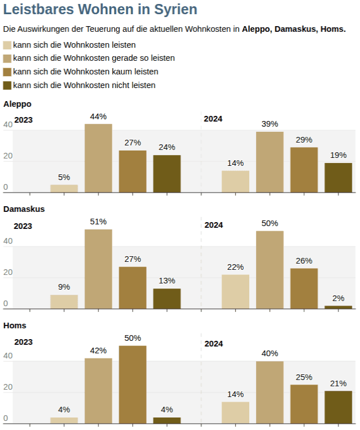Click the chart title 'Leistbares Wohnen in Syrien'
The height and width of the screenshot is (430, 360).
pyautogui.click(x=101, y=10)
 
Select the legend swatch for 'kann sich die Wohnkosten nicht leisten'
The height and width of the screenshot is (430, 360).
pyautogui.click(x=7, y=85)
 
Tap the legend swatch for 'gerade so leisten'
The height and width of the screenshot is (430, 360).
pyautogui.click(x=7, y=58)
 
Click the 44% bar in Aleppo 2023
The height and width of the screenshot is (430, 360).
pyautogui.click(x=98, y=158)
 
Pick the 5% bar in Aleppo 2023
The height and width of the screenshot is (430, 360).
pyautogui.click(x=64, y=189)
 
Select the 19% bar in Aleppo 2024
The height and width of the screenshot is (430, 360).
pyautogui.click(x=338, y=178)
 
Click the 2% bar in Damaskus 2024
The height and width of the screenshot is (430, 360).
pyautogui.click(x=338, y=307)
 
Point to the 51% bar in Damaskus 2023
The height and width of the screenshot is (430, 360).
pyautogui.click(x=98, y=269)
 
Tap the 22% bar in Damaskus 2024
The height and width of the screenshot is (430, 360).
pyautogui.click(x=235, y=292)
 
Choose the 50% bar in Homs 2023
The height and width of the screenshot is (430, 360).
pyautogui.click(x=132, y=385)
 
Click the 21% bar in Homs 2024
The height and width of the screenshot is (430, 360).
pyautogui.click(x=338, y=407)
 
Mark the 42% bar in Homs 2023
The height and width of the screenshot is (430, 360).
pyautogui.click(x=98, y=391)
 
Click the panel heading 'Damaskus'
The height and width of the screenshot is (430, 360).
pyautogui.click(x=24, y=209)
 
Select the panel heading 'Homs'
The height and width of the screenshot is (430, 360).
pyautogui.click(x=15, y=325)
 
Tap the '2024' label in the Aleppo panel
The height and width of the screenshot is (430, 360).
pyautogui.click(x=214, y=119)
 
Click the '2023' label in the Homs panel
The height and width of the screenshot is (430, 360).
pyautogui.click(x=23, y=342)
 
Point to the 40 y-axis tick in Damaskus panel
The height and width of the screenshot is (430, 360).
pyautogui.click(x=7, y=241)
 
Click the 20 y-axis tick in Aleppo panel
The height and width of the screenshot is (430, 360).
pyautogui.click(x=7, y=156)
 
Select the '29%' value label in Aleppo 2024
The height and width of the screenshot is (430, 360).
pyautogui.click(x=304, y=140)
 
